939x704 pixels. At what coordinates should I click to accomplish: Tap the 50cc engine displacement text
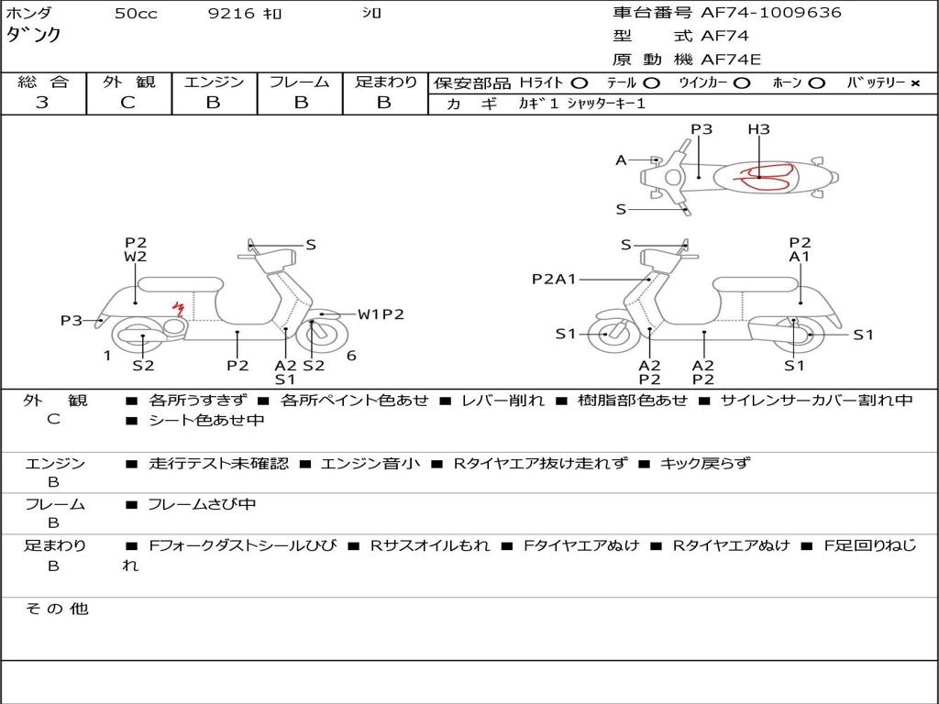point(136,14)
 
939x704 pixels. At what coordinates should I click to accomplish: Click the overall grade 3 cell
point(42,103)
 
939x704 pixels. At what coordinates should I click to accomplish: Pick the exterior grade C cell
point(128,103)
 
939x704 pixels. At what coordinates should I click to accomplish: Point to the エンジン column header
point(215,82)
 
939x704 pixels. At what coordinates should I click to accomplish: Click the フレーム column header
point(299,82)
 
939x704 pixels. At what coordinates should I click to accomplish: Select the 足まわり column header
point(385,82)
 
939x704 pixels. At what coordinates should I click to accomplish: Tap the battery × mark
point(914,83)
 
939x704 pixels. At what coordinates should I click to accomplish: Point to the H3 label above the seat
point(758,129)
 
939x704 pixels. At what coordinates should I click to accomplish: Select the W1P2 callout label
point(381,314)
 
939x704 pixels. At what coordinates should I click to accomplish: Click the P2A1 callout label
point(554,279)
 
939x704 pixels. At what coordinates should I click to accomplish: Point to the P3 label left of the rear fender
point(72,320)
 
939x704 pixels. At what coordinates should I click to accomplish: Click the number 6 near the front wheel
point(351,356)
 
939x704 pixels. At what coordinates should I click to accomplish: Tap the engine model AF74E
point(731,60)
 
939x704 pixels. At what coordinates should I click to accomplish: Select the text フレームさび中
point(202,504)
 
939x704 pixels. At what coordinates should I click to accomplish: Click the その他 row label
point(56,609)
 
